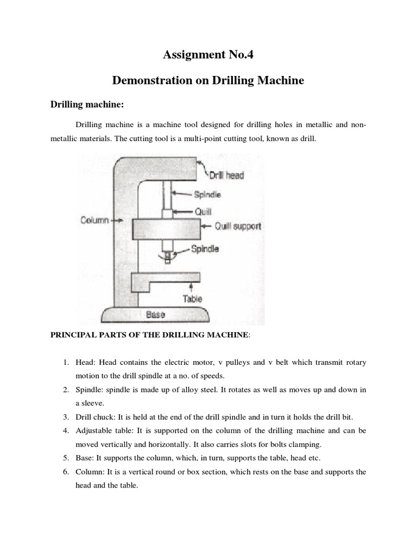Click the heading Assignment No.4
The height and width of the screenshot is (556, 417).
coord(208,55)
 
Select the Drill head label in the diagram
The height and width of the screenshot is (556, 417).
coord(226,175)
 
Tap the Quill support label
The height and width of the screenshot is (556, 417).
coord(238,226)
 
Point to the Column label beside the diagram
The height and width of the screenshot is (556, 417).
coord(94,220)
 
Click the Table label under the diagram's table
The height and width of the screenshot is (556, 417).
coord(192,298)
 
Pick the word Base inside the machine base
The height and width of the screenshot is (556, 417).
coord(155,314)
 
